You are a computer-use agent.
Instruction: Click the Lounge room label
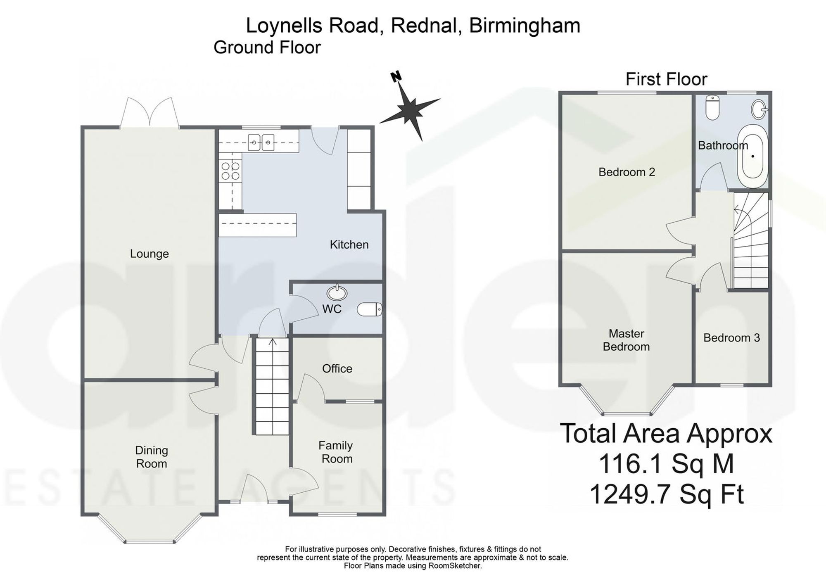150,254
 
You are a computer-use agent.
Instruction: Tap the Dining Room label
152,457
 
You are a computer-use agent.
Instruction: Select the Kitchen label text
349,245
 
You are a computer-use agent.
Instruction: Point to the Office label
337,368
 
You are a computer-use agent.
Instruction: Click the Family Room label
336,452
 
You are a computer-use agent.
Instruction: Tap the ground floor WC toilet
370,309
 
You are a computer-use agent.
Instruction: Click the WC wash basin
337,293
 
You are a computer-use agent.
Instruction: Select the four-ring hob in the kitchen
230,171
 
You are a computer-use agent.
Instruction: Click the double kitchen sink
261,143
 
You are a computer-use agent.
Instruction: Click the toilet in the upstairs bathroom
712,107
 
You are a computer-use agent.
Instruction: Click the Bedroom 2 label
627,172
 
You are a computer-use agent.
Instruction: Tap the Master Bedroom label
627,340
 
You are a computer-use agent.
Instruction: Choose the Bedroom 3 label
731,338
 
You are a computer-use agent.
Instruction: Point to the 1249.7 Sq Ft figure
667,494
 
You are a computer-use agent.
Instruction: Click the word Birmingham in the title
525,26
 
